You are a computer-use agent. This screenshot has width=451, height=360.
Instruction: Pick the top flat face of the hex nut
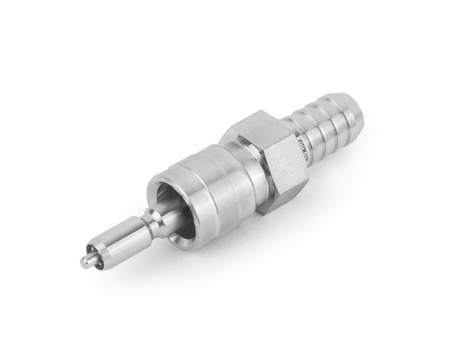pyautogui.click(x=255, y=123)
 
